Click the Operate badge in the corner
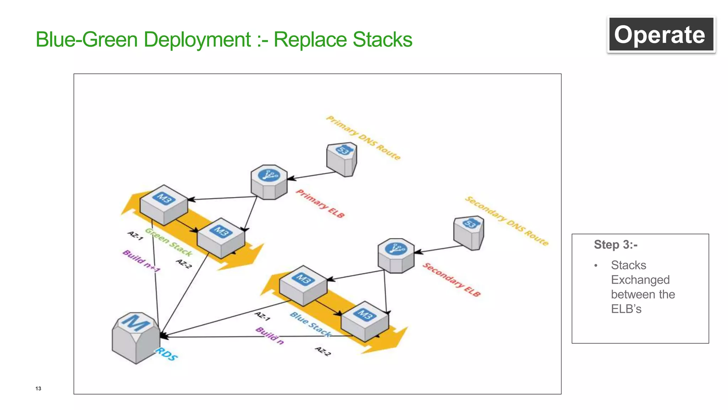tap(661, 35)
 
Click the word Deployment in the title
tap(197, 40)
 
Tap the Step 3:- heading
tap(616, 245)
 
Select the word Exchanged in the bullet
tap(640, 280)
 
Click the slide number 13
tap(38, 388)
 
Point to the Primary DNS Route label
tap(363, 138)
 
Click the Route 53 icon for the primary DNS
tap(342, 159)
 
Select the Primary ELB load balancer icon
tap(269, 182)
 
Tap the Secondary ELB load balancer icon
tap(396, 256)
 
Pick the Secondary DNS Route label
tap(507, 221)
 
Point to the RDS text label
tap(166, 354)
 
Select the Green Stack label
tap(169, 242)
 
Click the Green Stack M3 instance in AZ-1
tap(164, 205)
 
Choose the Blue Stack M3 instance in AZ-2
tap(365, 321)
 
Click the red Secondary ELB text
tap(451, 280)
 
